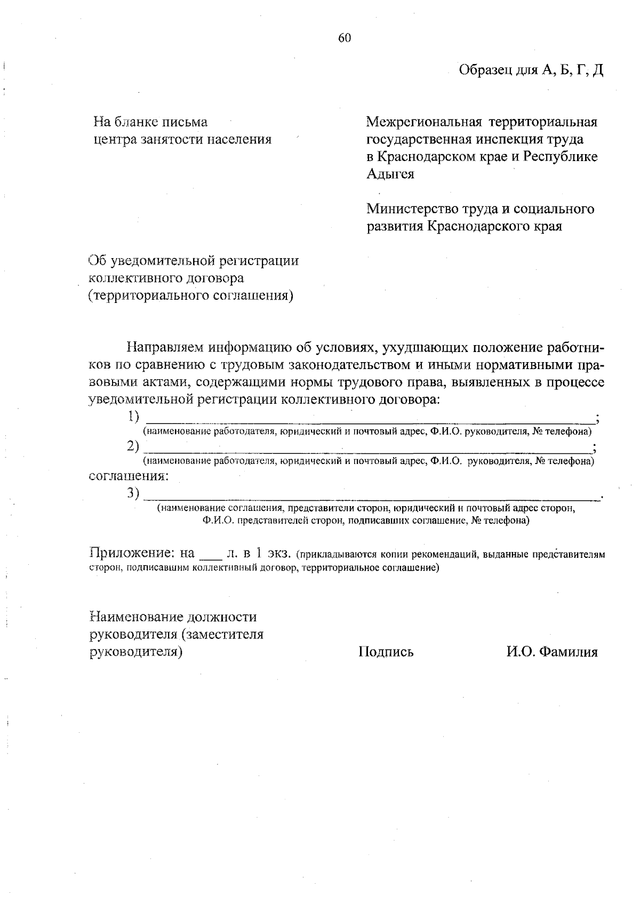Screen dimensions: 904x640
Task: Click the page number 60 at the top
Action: (x=344, y=37)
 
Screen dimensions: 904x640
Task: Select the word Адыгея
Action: (x=390, y=174)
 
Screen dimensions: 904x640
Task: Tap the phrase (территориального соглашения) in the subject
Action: (x=191, y=295)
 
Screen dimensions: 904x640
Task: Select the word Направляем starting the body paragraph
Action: (x=165, y=348)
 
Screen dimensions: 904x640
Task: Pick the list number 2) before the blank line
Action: (x=133, y=445)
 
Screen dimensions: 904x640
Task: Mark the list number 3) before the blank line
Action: (x=133, y=493)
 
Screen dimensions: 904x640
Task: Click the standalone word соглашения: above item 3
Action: (x=129, y=475)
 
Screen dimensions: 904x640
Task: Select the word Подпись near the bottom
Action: (x=386, y=652)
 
